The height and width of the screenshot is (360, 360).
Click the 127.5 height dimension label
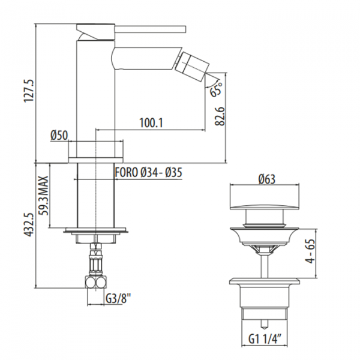(29, 91)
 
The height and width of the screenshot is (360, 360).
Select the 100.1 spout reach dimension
(151, 123)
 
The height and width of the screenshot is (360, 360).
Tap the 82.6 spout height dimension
(220, 116)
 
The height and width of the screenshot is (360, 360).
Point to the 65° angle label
(216, 89)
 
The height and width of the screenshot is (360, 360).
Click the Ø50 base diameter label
(59, 135)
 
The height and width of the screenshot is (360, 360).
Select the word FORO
(126, 172)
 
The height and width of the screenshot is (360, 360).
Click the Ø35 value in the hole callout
(173, 172)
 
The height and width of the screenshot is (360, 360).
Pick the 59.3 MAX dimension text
(43, 196)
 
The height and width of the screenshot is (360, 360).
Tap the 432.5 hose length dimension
(29, 224)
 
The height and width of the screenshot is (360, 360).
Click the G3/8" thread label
(118, 299)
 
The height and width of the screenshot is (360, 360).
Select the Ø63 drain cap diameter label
(266, 179)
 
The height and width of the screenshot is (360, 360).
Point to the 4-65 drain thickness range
(311, 251)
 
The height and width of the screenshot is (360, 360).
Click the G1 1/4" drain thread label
(265, 340)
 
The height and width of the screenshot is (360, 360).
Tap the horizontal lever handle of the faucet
(151, 29)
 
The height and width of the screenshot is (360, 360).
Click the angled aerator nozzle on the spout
(192, 65)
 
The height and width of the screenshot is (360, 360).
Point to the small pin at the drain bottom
(264, 324)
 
